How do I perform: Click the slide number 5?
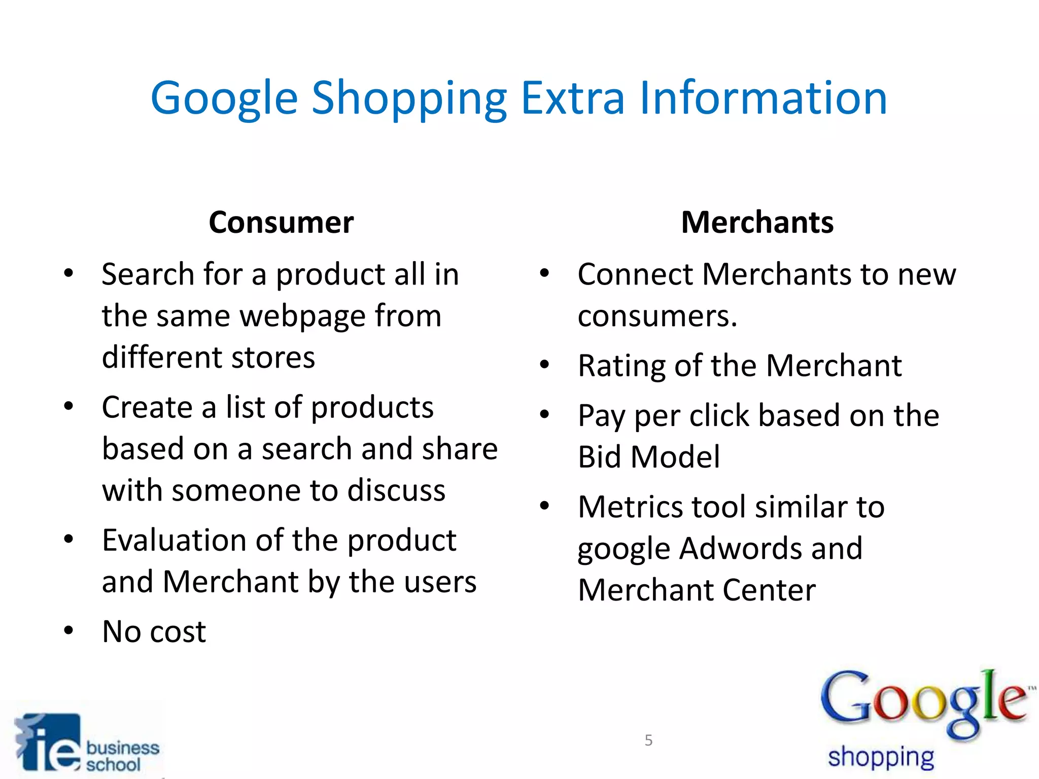pos(648,740)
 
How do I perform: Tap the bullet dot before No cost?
pos(68,630)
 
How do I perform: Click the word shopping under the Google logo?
pos(881,757)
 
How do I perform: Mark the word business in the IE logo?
pos(123,748)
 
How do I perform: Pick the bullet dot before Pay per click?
pos(544,414)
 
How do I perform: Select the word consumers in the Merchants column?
pos(657,316)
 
